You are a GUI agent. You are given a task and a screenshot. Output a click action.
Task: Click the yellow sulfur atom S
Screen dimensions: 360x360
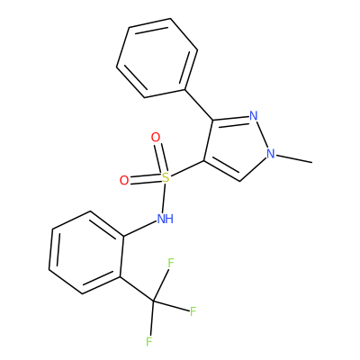coord(166,177)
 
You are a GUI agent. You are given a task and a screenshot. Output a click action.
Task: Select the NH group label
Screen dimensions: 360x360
coord(166,219)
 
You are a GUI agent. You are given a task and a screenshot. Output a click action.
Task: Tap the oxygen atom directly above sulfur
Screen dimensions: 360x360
coord(156,138)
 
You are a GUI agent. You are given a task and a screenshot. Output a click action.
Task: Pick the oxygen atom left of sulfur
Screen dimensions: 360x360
coord(124,180)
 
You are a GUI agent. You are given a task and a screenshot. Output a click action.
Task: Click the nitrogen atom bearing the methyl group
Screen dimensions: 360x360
coord(271,154)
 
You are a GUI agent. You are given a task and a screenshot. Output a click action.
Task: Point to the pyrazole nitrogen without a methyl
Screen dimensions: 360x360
coord(254,116)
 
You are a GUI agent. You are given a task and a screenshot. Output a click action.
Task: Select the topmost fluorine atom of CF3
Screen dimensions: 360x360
coord(171,263)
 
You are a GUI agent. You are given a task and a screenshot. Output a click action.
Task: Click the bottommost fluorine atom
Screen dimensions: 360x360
coord(149,342)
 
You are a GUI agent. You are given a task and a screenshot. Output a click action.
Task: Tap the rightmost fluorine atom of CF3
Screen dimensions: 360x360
coord(193,311)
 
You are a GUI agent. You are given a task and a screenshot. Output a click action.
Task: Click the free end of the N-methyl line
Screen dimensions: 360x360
coord(312,163)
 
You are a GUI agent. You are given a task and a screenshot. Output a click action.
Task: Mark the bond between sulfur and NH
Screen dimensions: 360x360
coord(164,198)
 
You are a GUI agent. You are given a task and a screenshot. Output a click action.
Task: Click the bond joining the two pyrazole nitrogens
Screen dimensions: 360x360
coord(263,135)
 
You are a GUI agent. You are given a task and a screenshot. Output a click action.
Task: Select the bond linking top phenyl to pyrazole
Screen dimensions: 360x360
coord(199,104)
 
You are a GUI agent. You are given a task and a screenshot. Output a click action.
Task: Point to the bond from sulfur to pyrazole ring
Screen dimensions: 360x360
coord(187,169)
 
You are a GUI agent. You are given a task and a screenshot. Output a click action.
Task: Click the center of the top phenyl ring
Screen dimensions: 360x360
coord(157,58)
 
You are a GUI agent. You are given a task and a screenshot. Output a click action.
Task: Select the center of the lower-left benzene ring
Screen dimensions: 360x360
coord(86,253)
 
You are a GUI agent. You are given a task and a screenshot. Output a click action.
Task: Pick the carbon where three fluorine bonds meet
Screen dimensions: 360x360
coord(153,300)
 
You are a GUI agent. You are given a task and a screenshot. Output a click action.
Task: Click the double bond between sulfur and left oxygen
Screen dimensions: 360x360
coord(145,179)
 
